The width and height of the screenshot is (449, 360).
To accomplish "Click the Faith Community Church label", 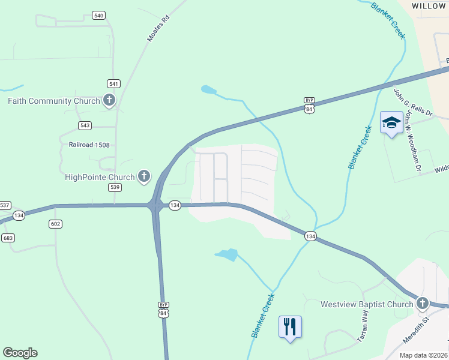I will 53,101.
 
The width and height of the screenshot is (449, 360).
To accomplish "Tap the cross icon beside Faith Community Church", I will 109,100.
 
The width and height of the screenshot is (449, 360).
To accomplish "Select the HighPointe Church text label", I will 100,177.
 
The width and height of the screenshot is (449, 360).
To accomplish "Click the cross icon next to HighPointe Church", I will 144,176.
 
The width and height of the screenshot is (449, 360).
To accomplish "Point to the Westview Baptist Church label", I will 367,304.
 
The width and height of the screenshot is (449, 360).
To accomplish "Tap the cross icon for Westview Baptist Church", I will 423,304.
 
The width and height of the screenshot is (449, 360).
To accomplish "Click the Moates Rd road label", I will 158,28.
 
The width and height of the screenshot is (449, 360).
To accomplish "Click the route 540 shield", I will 99,15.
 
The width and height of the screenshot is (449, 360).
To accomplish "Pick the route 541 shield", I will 113,83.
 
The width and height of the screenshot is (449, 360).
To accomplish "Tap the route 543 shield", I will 85,125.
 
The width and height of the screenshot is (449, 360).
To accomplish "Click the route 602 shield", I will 55,224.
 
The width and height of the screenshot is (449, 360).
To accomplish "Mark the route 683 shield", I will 8,238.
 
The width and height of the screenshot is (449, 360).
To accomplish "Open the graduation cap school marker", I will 391,123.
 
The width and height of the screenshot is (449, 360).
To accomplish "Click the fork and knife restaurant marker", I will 291,327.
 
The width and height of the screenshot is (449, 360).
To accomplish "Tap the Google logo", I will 20,353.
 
